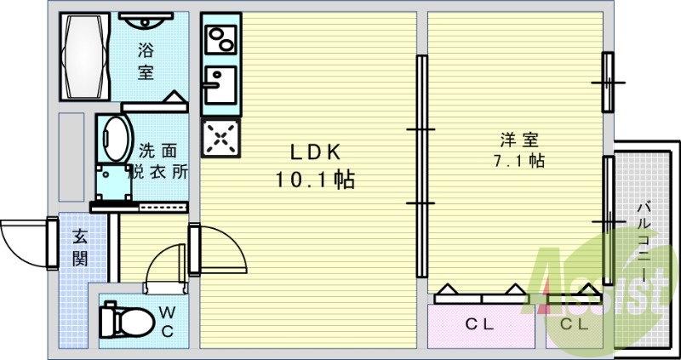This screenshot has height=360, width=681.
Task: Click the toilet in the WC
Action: (126, 321)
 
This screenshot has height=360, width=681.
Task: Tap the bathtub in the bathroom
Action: (84, 56)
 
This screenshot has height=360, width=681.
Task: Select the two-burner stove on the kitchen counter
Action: (220, 39)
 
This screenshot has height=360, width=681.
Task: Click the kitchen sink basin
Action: (220, 85)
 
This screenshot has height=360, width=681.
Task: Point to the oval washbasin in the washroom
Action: (116, 139)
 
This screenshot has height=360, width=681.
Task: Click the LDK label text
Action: (315, 152)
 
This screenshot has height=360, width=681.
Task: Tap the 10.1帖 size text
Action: (315, 180)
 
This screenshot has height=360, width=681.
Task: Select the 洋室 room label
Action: (519, 140)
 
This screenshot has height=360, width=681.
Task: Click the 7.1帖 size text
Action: (519, 161)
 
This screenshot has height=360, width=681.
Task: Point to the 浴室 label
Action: (146, 61)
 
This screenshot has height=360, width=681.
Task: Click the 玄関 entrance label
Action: (80, 248)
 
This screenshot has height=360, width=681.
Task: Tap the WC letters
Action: (167, 322)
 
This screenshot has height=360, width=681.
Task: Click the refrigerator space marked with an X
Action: (220, 138)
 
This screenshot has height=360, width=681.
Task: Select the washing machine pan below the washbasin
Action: (114, 182)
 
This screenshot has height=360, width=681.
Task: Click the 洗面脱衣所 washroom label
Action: (158, 161)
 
